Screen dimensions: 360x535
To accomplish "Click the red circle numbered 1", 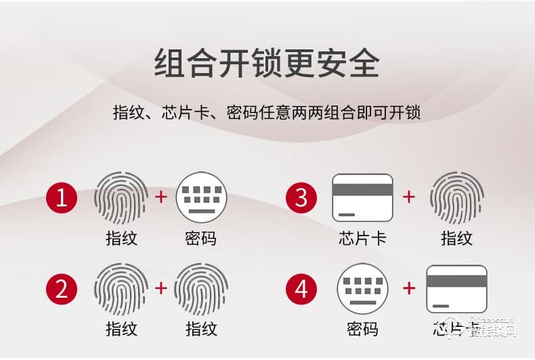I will pos(62,198).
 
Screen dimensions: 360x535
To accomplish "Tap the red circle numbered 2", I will pos(62,289).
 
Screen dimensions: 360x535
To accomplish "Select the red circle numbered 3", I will pos(301,198).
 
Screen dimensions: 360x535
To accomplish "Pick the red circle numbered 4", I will pos(301,289).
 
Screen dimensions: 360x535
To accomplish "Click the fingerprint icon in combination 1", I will pos(121,198).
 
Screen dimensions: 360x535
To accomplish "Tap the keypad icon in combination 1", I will pos(201,198).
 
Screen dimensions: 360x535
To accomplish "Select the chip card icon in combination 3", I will pos(362,198).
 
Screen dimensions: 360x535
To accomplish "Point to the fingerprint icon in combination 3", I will pos(456,198).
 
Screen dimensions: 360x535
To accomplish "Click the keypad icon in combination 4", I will pos(362,289).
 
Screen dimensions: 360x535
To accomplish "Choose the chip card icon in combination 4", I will pos(456,289).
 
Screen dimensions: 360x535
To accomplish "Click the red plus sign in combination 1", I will pos(161,197).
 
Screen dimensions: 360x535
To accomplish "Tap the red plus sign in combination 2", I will pos(161,288).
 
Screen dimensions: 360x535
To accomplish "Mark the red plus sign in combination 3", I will pos(409,197).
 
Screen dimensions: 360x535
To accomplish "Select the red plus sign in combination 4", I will pos(409,288).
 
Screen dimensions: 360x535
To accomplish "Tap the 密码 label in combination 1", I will pos(201,238).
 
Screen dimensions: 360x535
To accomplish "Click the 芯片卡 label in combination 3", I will pos(362,238).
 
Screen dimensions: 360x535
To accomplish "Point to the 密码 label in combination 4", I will pos(362,330).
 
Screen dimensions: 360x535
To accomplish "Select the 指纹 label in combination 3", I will pos(456,238).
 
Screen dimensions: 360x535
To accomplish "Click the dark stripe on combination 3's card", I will pos(362,190).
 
